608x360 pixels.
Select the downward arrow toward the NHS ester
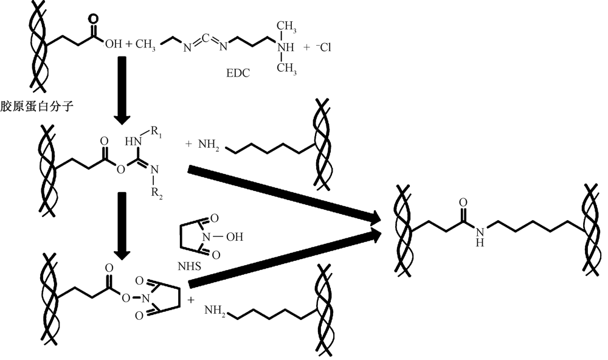pos(121,222)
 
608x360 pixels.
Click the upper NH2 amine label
pos(207,146)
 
